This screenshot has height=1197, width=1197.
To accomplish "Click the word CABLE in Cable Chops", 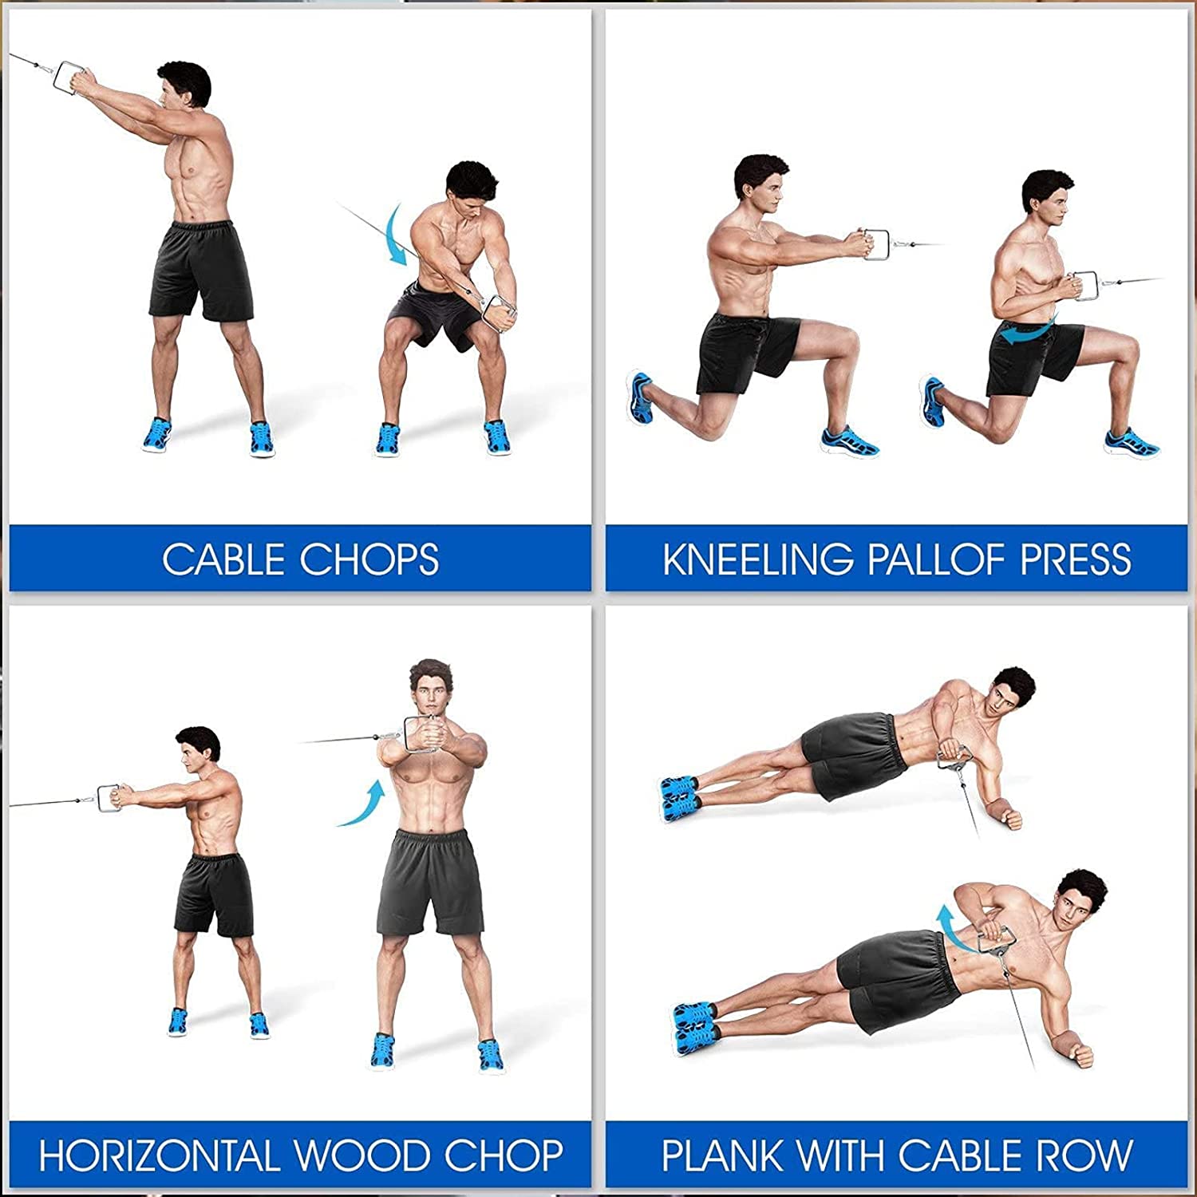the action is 223,559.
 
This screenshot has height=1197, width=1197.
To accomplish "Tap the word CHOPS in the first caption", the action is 369,559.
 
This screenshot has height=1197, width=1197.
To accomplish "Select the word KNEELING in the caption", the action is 757,559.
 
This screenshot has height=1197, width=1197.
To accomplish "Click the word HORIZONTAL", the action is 160,1156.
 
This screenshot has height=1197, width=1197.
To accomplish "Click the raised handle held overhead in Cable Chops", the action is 70,77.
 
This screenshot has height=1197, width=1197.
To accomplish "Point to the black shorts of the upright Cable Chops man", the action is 201,271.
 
